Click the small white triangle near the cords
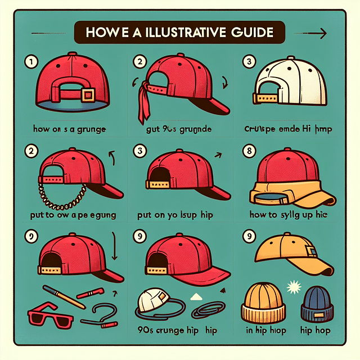[195, 296]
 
